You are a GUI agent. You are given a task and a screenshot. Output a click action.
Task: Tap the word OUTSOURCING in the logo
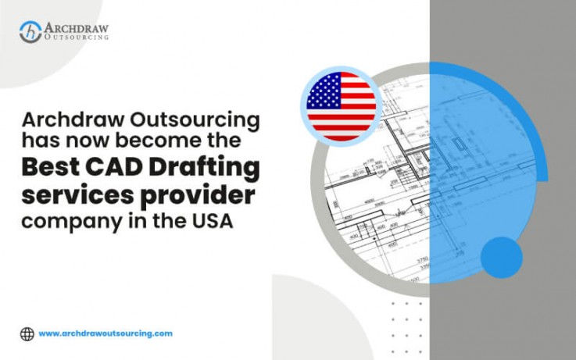click(77, 37)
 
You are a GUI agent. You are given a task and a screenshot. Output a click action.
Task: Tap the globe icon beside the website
click(27, 333)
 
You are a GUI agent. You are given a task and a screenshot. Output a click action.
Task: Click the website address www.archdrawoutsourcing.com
click(106, 333)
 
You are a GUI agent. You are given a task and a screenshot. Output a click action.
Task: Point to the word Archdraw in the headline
click(65, 121)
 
